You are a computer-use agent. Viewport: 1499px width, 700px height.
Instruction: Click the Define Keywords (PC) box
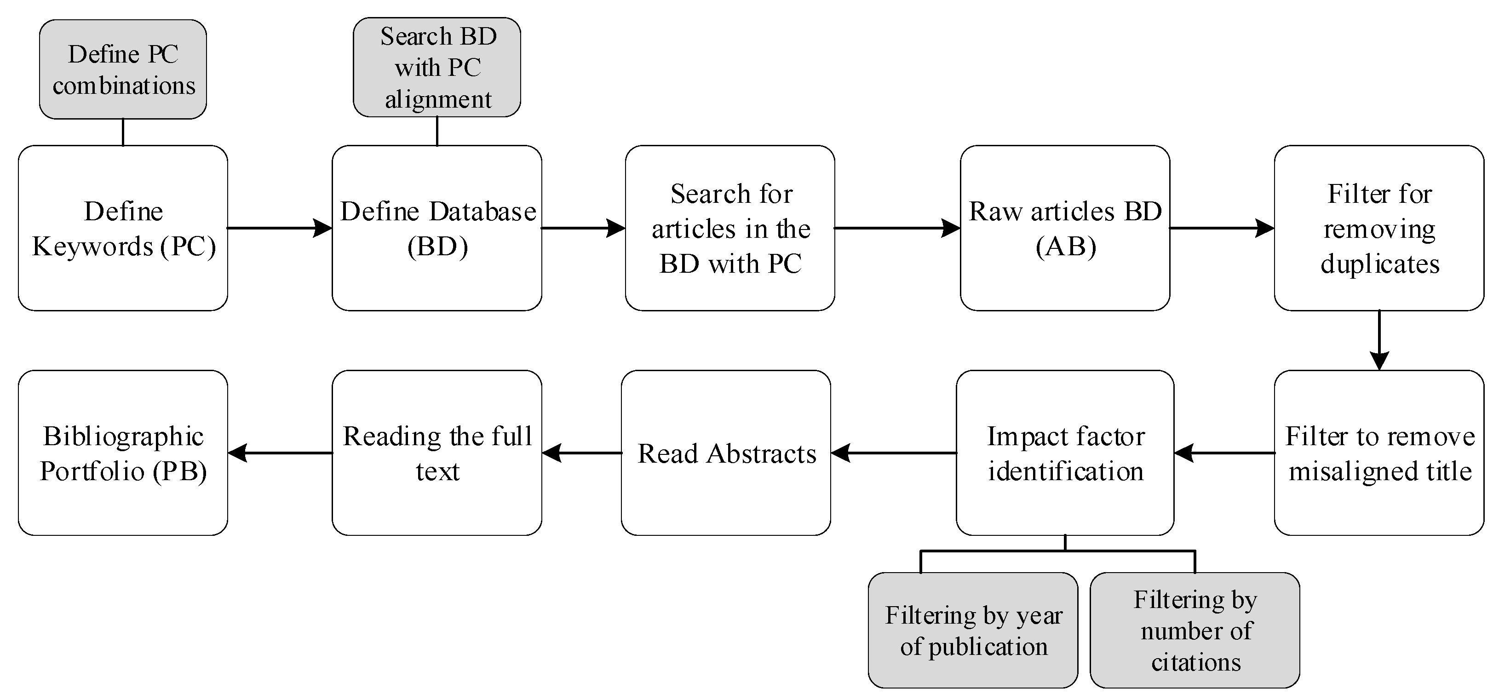pyautogui.click(x=123, y=228)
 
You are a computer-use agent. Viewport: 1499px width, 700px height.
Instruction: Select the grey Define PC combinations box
pyautogui.click(x=123, y=69)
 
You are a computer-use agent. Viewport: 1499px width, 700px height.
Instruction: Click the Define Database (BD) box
pyautogui.click(x=437, y=228)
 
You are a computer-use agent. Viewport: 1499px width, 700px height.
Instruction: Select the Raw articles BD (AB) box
pyautogui.click(x=1064, y=228)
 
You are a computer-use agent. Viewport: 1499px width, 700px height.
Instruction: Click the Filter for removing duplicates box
pyautogui.click(x=1378, y=228)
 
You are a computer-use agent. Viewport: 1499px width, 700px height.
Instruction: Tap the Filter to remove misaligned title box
pyautogui.click(x=1378, y=453)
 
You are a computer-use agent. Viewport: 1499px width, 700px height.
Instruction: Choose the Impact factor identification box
pyautogui.click(x=1064, y=453)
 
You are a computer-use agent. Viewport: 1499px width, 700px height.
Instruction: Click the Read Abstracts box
pyautogui.click(x=726, y=453)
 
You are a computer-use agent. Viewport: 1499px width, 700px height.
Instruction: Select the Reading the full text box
pyautogui.click(x=437, y=453)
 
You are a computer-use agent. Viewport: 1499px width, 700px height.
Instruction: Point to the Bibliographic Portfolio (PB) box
pyautogui.click(x=123, y=453)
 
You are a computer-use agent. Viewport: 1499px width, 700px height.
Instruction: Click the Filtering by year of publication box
pyautogui.click(x=972, y=630)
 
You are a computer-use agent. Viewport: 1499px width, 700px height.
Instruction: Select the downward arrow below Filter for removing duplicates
pyautogui.click(x=1378, y=340)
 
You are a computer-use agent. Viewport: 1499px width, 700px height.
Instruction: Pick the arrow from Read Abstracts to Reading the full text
pyautogui.click(x=581, y=453)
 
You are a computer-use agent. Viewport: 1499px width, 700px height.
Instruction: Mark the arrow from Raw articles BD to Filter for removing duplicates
pyautogui.click(x=1222, y=228)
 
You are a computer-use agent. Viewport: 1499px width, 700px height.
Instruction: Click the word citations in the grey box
pyautogui.click(x=1196, y=662)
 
